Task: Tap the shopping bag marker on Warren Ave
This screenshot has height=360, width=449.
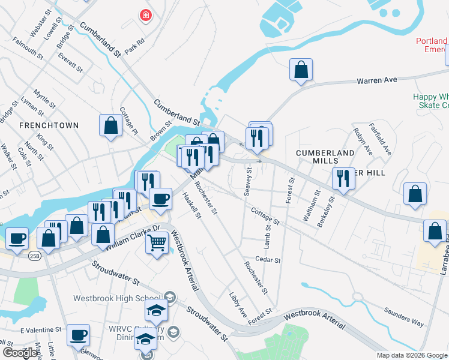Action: [x=301, y=69]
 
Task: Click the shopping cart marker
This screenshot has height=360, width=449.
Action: [x=157, y=243]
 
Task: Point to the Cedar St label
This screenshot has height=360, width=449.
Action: [x=267, y=260]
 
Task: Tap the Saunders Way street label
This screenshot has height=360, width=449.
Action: [x=404, y=319]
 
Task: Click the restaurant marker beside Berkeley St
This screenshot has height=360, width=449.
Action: [x=343, y=178]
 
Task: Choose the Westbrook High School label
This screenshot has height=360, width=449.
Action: [x=118, y=298]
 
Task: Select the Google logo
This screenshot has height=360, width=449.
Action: [x=20, y=353]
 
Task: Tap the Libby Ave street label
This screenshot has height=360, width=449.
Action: [x=238, y=304]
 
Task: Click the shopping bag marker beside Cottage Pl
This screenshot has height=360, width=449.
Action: [x=110, y=125]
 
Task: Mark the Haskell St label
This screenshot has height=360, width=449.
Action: [x=191, y=205]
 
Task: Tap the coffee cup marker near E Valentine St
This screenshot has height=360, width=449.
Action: [x=77, y=335]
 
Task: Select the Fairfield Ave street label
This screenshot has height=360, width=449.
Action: [x=381, y=139]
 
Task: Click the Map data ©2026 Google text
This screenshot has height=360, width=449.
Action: [x=412, y=355]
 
